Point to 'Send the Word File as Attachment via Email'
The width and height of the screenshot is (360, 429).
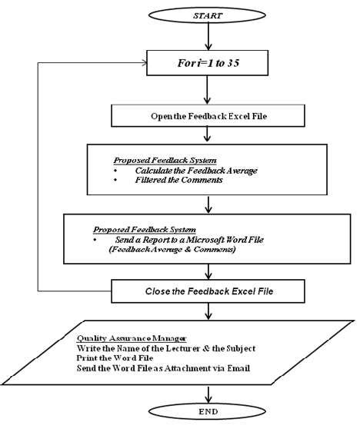(163, 369)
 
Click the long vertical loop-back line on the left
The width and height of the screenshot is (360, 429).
(36, 177)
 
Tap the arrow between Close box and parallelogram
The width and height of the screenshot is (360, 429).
(205, 311)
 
